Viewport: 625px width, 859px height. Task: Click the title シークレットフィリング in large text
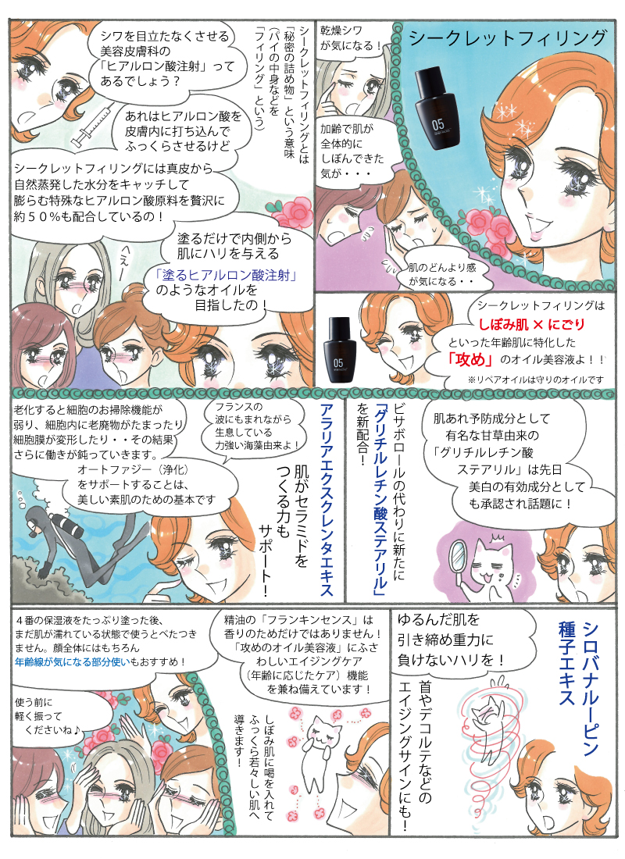tap(508, 37)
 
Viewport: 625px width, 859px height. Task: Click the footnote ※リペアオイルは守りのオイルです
tap(536, 379)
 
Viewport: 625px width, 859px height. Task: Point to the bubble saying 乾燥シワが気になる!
tap(352, 38)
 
